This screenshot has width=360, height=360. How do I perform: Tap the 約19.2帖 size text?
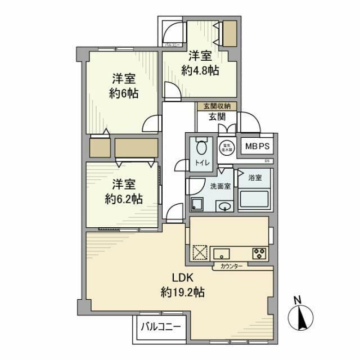pyautogui.click(x=182, y=292)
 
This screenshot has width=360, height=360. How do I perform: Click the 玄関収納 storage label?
pyautogui.click(x=217, y=106)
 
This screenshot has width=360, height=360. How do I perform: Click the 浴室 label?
pyautogui.click(x=255, y=178)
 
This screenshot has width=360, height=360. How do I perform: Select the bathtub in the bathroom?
pyautogui.click(x=254, y=199)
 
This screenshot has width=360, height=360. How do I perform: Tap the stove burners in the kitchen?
pyautogui.click(x=260, y=253)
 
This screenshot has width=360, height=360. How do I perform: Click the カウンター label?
pyautogui.click(x=231, y=266)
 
